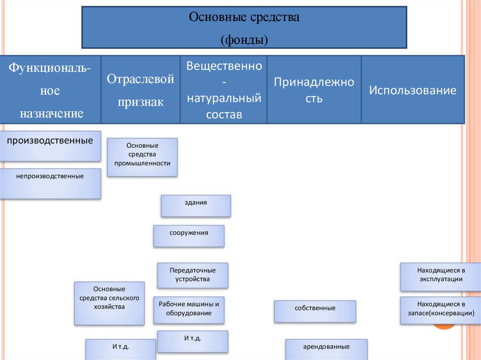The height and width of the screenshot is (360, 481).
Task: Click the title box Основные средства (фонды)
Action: click(244, 27)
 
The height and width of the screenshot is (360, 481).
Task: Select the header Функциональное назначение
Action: click(50, 90)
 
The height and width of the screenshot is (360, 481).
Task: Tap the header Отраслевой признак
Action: click(140, 90)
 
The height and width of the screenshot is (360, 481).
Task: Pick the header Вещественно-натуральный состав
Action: click(224, 90)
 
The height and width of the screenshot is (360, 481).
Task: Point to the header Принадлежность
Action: click(314, 90)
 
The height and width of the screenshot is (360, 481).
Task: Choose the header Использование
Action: click(412, 90)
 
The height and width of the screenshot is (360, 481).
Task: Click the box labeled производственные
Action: click(50, 146)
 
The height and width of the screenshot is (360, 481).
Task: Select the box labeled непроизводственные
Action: click(50, 184)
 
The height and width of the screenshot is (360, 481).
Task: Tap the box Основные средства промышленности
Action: click(142, 157)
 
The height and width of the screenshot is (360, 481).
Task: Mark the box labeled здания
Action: click(196, 206)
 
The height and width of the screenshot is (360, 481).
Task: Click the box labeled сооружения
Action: click(189, 236)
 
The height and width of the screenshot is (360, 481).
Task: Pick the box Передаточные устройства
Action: click(193, 275)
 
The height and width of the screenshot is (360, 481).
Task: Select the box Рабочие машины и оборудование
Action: click(189, 310)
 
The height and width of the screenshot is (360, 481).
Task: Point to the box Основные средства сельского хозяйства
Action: click(109, 303)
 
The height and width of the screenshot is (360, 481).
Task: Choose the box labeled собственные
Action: click(315, 311)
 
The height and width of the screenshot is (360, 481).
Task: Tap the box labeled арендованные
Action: click(326, 349)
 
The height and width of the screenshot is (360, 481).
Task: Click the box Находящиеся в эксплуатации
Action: click(441, 277)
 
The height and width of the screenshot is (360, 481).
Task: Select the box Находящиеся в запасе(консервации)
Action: click(441, 310)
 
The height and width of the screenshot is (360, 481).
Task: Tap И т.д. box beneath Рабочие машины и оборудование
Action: click(193, 341)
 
